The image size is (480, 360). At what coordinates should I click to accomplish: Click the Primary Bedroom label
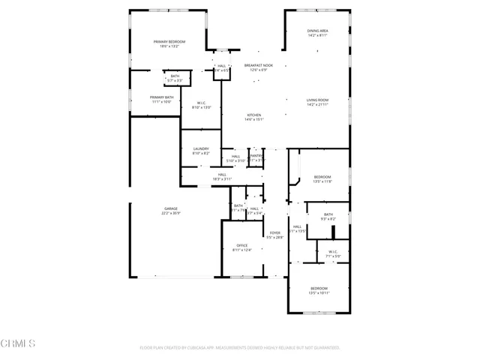(x=169, y=41)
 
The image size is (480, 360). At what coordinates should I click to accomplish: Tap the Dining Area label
(x=317, y=31)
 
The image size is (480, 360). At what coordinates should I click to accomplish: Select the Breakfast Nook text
(x=258, y=65)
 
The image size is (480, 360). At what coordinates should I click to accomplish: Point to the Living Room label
(x=317, y=100)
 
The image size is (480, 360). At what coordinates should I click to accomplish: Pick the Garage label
(x=171, y=208)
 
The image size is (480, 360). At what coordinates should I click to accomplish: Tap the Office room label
(x=242, y=245)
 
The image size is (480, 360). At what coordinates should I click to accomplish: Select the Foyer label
(x=275, y=232)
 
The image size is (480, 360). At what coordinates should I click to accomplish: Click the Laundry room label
(x=200, y=148)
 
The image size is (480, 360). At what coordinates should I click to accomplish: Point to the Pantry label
(x=256, y=156)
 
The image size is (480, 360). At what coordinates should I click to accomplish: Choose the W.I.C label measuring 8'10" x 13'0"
(x=201, y=103)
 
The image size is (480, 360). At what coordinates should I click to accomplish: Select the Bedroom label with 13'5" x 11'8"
(x=322, y=176)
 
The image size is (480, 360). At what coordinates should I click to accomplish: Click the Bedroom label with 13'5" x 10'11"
(x=319, y=288)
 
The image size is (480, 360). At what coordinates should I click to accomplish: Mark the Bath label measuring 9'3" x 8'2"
(x=328, y=214)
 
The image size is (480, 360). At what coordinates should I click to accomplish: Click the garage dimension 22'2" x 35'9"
(x=171, y=214)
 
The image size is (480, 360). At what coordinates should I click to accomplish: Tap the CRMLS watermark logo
(x=18, y=344)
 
